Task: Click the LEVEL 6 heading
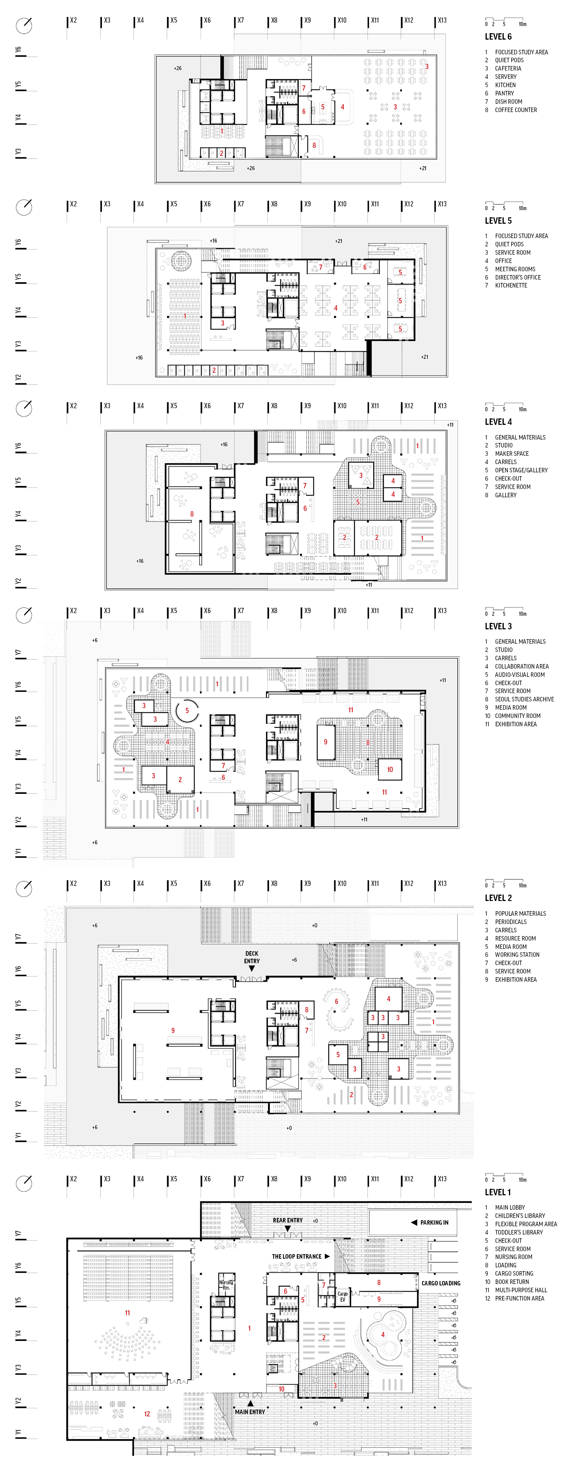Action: pyautogui.click(x=498, y=37)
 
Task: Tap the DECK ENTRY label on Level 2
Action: pyautogui.click(x=252, y=957)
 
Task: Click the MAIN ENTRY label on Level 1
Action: pyautogui.click(x=250, y=1411)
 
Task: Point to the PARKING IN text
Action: pyautogui.click(x=433, y=1222)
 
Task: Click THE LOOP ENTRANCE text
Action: pyautogui.click(x=296, y=1256)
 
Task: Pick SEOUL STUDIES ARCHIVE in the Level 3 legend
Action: pyautogui.click(x=524, y=699)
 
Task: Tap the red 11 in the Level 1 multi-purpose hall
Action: pyautogui.click(x=127, y=1313)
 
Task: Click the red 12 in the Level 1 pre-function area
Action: pyautogui.click(x=147, y=1413)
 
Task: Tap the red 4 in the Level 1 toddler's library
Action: pyautogui.click(x=383, y=1335)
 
